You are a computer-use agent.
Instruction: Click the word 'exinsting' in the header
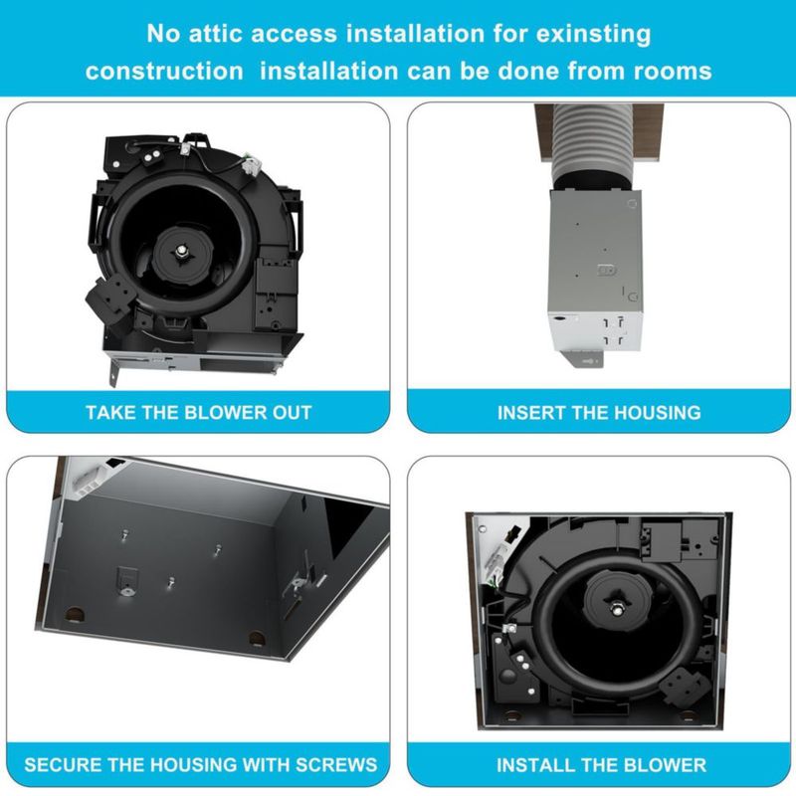point(593,35)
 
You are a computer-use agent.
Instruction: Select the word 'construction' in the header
point(164,71)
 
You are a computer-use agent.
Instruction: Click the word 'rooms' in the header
point(673,71)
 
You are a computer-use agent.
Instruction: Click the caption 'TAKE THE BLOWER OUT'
point(198,412)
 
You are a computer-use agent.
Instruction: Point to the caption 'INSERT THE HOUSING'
point(599,412)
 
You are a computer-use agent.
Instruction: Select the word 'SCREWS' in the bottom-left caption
point(336,764)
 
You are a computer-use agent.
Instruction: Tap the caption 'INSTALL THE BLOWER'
point(601,764)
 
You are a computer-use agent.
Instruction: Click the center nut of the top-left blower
point(181,251)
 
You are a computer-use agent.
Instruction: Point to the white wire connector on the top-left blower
point(253,165)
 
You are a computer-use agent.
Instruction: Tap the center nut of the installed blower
point(616,607)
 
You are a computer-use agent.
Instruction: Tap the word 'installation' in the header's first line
point(415,34)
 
